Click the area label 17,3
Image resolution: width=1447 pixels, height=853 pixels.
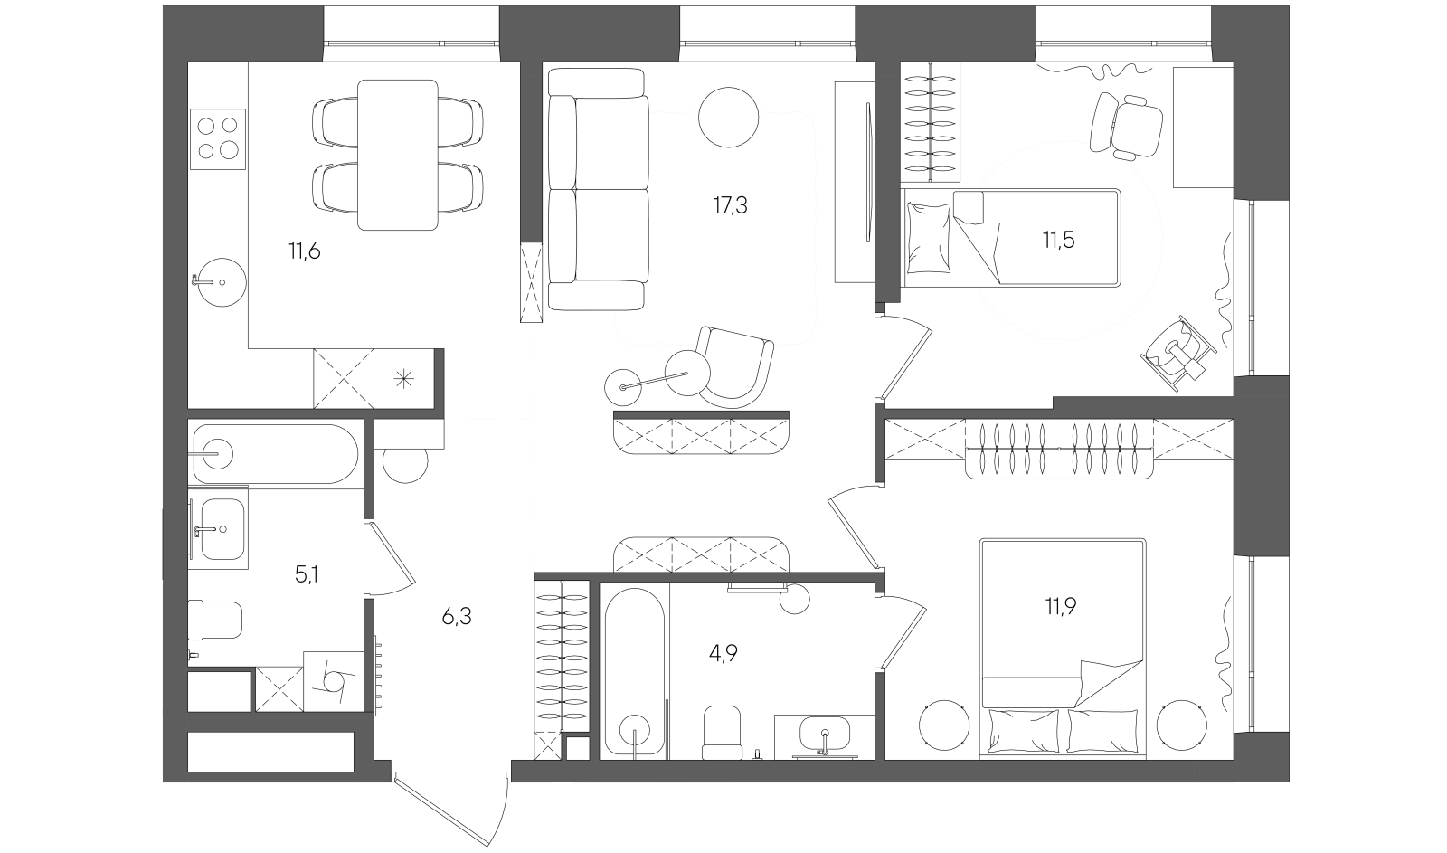click(x=730, y=205)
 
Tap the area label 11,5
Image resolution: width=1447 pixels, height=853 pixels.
click(x=1057, y=241)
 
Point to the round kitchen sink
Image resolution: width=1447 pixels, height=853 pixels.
click(x=217, y=281)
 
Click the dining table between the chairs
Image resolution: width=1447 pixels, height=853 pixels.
click(x=398, y=154)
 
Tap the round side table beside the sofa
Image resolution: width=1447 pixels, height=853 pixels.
click(x=729, y=117)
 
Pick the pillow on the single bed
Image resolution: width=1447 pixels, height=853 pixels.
click(x=926, y=238)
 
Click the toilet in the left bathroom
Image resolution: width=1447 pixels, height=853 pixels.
click(x=215, y=621)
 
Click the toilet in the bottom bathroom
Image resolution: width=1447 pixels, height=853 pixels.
click(x=723, y=733)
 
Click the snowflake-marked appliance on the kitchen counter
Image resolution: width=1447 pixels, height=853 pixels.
click(x=404, y=379)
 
